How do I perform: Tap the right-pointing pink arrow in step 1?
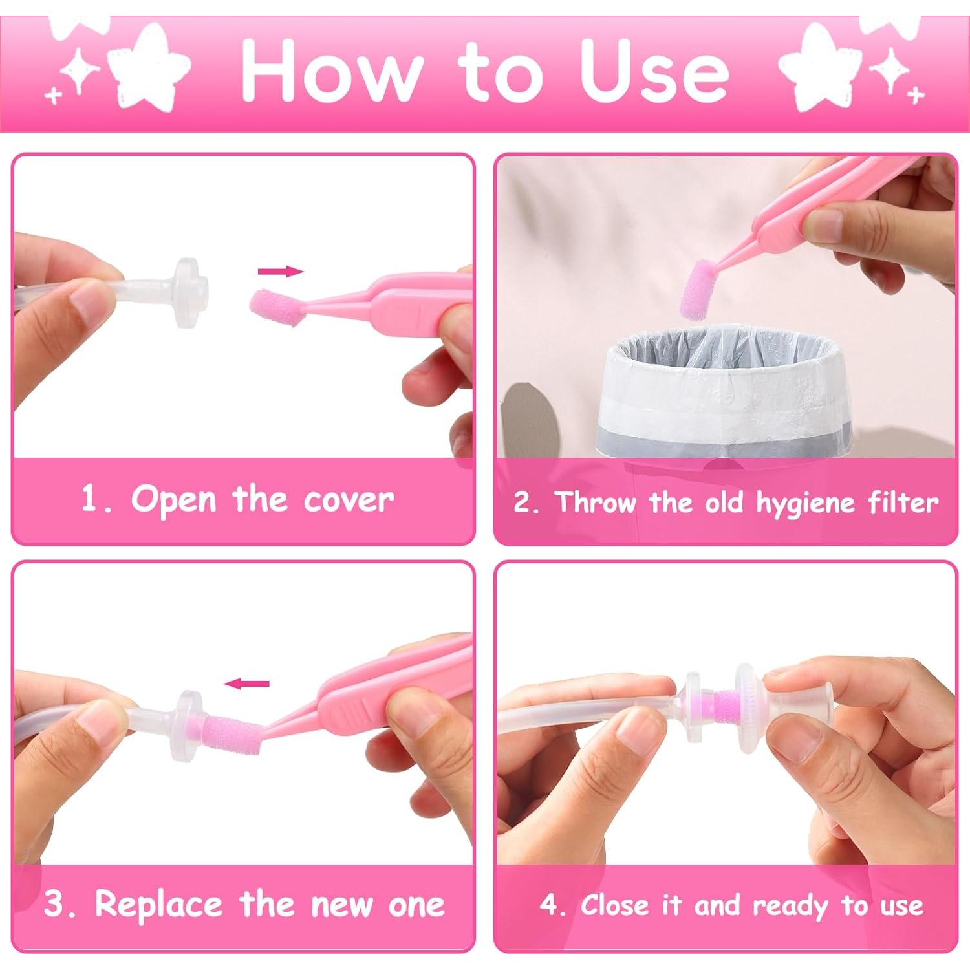(280, 272)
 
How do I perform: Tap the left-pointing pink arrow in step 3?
(246, 684)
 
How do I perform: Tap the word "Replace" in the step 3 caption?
(159, 904)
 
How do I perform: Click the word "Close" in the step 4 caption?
(614, 905)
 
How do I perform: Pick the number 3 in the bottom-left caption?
(54, 905)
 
